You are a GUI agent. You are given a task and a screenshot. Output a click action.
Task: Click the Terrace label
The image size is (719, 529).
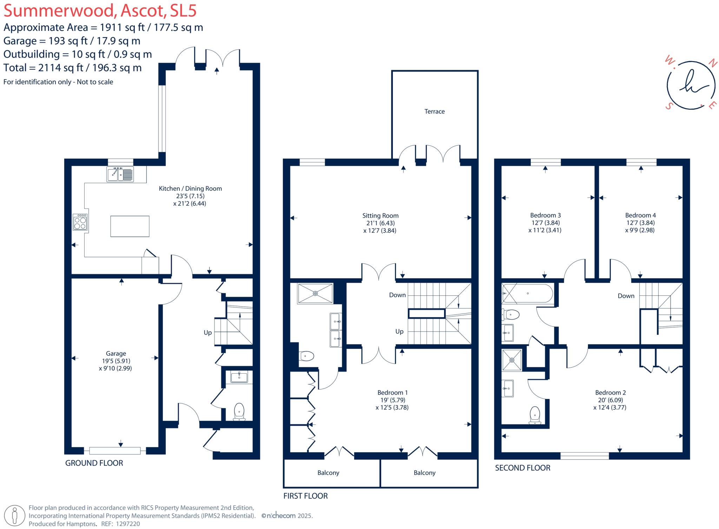tap(434, 112)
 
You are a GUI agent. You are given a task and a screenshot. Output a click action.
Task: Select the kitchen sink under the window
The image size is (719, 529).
tap(120, 174)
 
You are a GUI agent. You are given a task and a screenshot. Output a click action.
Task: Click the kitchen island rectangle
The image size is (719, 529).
tap(130, 226)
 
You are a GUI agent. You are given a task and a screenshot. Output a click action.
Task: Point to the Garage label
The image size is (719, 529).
tap(116, 354)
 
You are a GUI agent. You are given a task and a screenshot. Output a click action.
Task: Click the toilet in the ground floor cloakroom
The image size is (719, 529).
tap(239, 411)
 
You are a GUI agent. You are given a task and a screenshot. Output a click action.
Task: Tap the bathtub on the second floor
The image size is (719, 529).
tap(527, 293)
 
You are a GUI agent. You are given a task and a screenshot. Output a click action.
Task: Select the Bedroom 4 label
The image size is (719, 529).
tap(640, 215)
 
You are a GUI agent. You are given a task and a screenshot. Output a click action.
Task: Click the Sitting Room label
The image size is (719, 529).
tap(380, 216)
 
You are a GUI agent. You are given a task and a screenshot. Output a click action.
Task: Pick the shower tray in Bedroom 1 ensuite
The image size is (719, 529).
tap(315, 293)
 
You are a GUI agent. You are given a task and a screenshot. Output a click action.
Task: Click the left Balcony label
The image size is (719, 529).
tap(328, 473)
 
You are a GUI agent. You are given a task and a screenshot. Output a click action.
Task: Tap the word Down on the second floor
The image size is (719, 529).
tap(626, 296)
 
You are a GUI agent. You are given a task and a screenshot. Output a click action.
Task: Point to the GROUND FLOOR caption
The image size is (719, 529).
tap(94, 463)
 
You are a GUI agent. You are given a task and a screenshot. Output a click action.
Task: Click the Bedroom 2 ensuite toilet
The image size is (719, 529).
tap(535, 415)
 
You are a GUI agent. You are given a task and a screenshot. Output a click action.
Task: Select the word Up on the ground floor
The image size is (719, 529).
tap(207, 333)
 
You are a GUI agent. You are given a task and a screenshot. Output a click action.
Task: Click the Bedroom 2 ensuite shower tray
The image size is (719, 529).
tap(512, 360)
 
